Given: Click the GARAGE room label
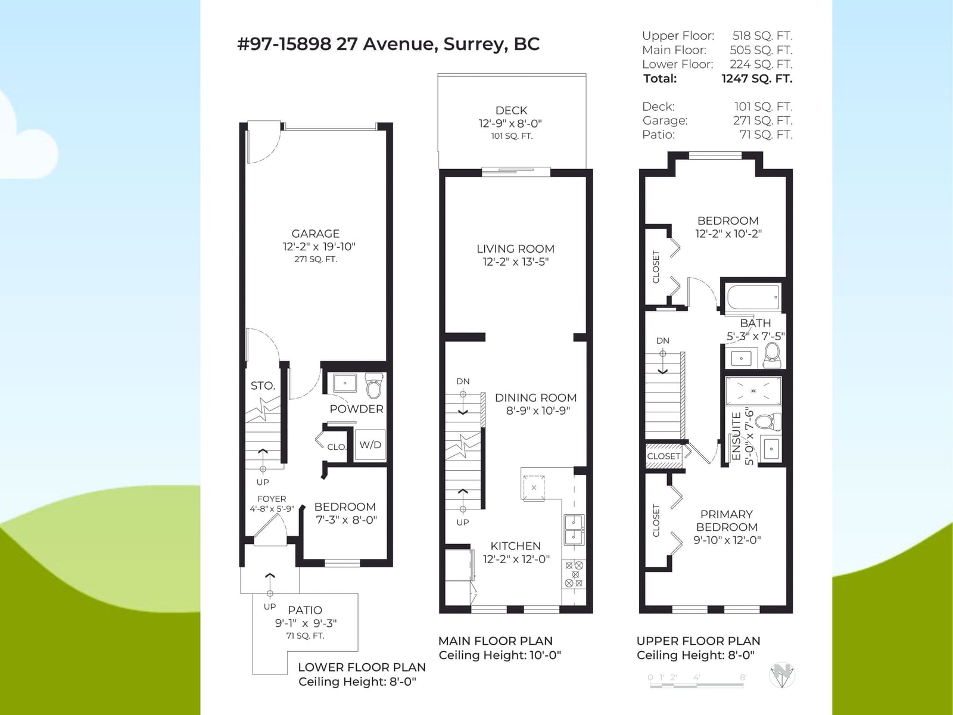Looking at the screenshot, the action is pyautogui.click(x=315, y=234).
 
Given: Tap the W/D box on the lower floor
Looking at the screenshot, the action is pyautogui.click(x=370, y=444).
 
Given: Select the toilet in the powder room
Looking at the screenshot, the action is pyautogui.click(x=374, y=386).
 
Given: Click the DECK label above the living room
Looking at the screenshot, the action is pyautogui.click(x=511, y=110).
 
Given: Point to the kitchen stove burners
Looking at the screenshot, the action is pyautogui.click(x=574, y=574).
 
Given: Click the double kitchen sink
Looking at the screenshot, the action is pyautogui.click(x=574, y=530).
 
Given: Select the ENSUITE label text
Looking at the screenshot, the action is pyautogui.click(x=736, y=436).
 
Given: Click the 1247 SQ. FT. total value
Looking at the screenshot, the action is pyautogui.click(x=757, y=79).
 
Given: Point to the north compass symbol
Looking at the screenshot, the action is pyautogui.click(x=782, y=676).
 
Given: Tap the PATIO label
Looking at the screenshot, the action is pyautogui.click(x=305, y=610).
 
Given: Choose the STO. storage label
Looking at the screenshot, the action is pyautogui.click(x=263, y=386).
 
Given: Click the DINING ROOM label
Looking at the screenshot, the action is pyautogui.click(x=535, y=397).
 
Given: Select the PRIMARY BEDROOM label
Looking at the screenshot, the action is pyautogui.click(x=727, y=521).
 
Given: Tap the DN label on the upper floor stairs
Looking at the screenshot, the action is pyautogui.click(x=662, y=341).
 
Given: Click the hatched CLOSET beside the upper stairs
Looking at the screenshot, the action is pyautogui.click(x=664, y=456).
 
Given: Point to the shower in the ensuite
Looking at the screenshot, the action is pyautogui.click(x=753, y=391).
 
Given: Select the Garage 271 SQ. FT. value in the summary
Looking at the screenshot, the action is pyautogui.click(x=763, y=121).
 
